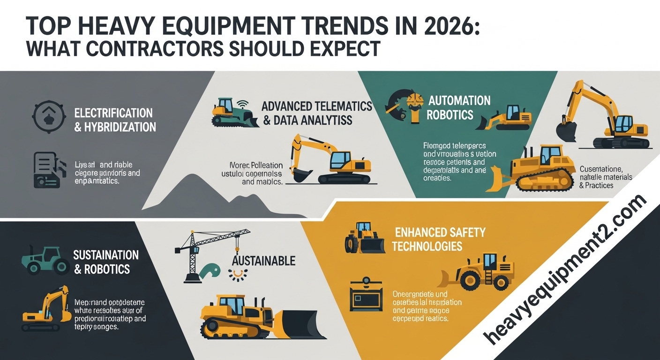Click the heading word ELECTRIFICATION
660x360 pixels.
(113, 113)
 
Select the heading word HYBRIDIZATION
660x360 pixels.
(120, 127)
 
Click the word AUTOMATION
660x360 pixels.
(459, 101)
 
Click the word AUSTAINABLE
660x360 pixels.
(264, 261)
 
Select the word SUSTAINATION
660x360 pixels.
(106, 255)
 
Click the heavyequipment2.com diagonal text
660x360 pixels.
(566, 271)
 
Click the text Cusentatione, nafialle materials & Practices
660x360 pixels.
(606, 177)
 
